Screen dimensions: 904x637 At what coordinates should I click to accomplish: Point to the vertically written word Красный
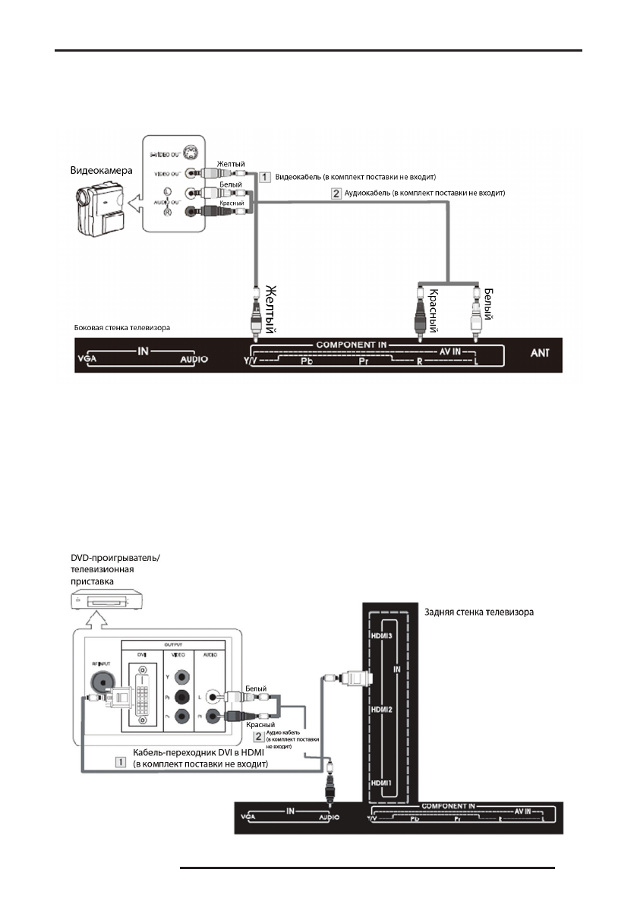[432, 310]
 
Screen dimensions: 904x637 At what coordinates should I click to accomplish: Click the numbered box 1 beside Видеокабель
[265, 177]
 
